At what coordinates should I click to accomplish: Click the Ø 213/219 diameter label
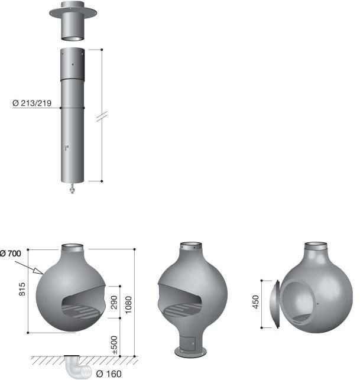(32, 103)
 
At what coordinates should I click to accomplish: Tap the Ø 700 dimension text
(11, 254)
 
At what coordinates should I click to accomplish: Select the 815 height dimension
(22, 289)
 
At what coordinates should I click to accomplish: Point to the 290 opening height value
(113, 302)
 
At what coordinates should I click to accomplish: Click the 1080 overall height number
(128, 304)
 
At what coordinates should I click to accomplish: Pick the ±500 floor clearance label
(115, 345)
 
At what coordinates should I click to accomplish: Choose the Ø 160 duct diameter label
(109, 373)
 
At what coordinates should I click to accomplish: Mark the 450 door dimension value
(256, 302)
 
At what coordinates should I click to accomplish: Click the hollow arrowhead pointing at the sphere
(38, 271)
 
